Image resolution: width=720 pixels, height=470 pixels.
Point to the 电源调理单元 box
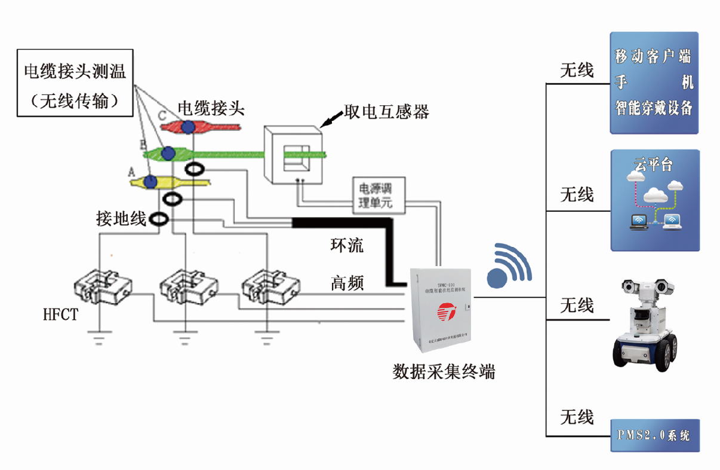pos(380,194)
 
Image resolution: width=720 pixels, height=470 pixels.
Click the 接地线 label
pos(121,219)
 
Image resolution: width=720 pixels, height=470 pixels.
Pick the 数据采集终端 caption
pos(444,372)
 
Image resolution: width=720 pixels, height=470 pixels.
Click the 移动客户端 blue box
pos(654,83)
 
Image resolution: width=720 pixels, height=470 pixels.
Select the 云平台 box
pos(654,200)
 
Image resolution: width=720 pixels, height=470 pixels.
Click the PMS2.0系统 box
pos(654,435)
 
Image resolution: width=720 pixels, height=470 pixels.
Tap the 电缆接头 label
pos(211,108)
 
